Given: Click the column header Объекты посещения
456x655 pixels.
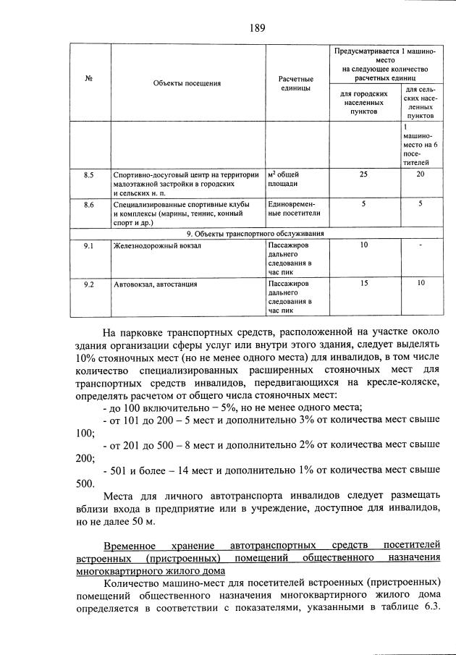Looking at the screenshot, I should pos(186,83).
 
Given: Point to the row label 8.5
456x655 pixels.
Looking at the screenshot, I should pos(88,174).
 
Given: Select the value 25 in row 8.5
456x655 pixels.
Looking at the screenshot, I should pos(363,174).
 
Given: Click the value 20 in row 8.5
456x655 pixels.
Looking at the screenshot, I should pos(421,174).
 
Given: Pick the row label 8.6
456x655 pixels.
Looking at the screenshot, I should pos(88,204).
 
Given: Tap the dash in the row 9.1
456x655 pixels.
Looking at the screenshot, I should pos(421,245).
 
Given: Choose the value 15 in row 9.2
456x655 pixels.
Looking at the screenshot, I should pos(363,284).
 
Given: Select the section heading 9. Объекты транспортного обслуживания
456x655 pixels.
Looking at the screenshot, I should pos(255,234).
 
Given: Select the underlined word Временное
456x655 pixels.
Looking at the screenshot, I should pos(129,544).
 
